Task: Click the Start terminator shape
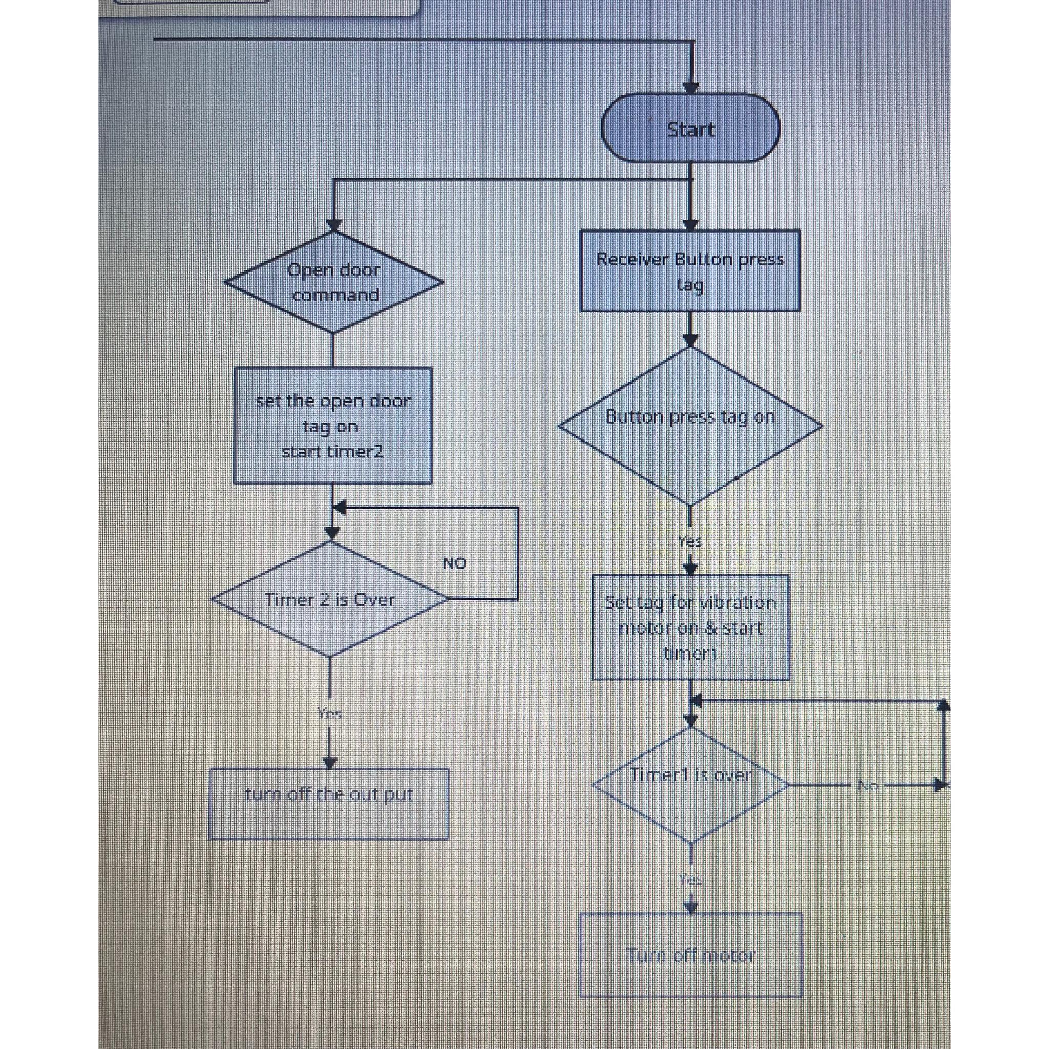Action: click(690, 129)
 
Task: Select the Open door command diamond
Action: click(333, 282)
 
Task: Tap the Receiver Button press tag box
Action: click(690, 271)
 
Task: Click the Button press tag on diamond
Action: click(690, 426)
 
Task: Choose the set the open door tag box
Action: click(332, 425)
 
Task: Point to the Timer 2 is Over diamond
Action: click(329, 599)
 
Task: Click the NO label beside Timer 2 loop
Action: click(454, 563)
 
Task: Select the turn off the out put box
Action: click(328, 803)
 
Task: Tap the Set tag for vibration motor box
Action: click(690, 627)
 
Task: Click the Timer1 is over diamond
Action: click(690, 785)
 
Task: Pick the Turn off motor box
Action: click(690, 955)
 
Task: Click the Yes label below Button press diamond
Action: click(689, 541)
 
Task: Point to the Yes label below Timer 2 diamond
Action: click(329, 713)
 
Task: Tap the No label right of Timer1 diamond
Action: click(867, 785)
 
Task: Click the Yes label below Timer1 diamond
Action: click(690, 879)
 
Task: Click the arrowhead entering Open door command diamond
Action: click(333, 225)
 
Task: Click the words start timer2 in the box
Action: click(332, 452)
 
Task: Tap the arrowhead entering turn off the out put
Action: click(329, 762)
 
